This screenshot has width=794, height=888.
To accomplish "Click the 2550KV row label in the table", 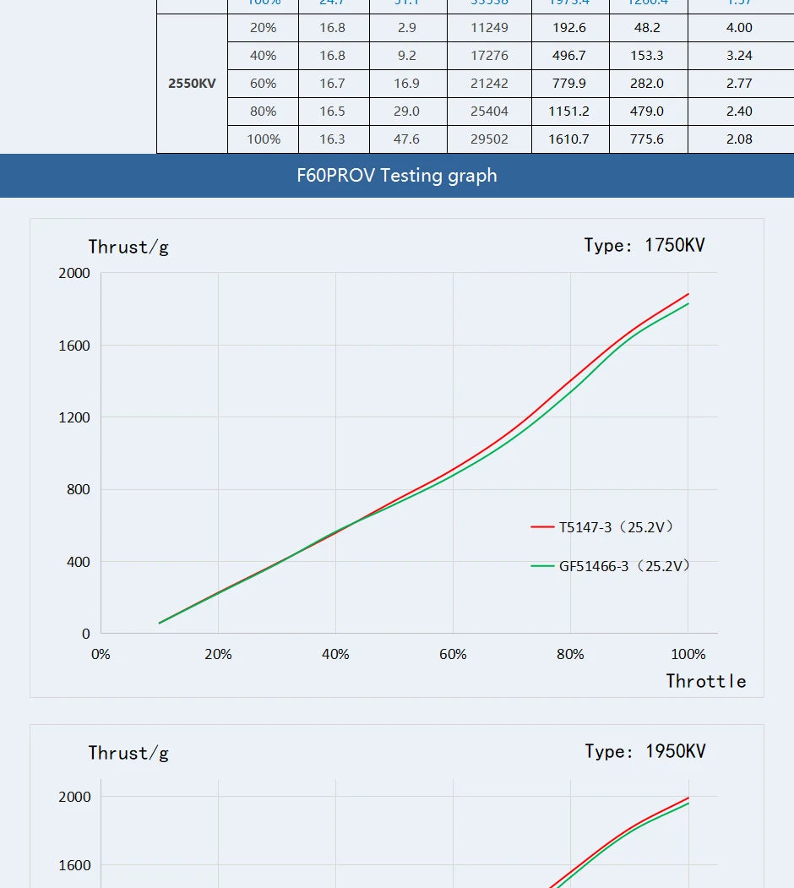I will pyautogui.click(x=192, y=84).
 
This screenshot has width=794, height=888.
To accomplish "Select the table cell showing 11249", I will pyautogui.click(x=490, y=28).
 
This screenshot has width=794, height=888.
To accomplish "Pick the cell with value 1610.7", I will pyautogui.click(x=568, y=139).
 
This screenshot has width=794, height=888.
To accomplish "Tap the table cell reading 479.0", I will pyautogui.click(x=648, y=112).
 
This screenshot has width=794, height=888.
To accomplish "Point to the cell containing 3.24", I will pyautogui.click(x=739, y=56).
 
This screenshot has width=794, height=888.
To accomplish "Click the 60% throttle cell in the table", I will pyautogui.click(x=264, y=84).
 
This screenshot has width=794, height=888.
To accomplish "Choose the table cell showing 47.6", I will pyautogui.click(x=407, y=139).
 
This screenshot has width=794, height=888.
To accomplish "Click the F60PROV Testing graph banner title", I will pyautogui.click(x=397, y=176).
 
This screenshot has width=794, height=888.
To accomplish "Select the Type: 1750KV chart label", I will pyautogui.click(x=644, y=246).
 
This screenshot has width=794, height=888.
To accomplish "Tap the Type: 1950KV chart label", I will pyautogui.click(x=645, y=752).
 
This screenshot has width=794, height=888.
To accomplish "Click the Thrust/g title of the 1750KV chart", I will pyautogui.click(x=128, y=248).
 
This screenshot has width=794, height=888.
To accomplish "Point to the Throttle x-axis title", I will pyautogui.click(x=705, y=681).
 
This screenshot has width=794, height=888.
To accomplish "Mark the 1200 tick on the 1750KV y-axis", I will pyautogui.click(x=74, y=417).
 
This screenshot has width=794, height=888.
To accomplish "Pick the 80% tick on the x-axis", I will pyautogui.click(x=570, y=655).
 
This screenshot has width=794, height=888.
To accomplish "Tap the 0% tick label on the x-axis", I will pyautogui.click(x=101, y=655).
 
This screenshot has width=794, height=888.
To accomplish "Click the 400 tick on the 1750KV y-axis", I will pyautogui.click(x=78, y=562).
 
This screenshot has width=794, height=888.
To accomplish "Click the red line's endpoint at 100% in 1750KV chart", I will pyautogui.click(x=688, y=294).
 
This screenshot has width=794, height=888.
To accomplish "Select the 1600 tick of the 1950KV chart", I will pyautogui.click(x=74, y=865).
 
